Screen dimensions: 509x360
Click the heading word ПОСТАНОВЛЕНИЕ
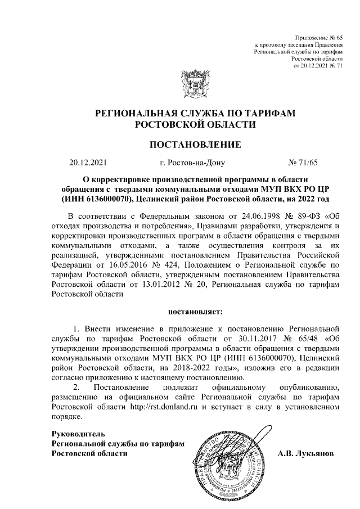coord(194,145)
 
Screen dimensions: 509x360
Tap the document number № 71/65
coord(303,164)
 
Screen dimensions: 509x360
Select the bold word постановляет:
coord(194,310)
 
